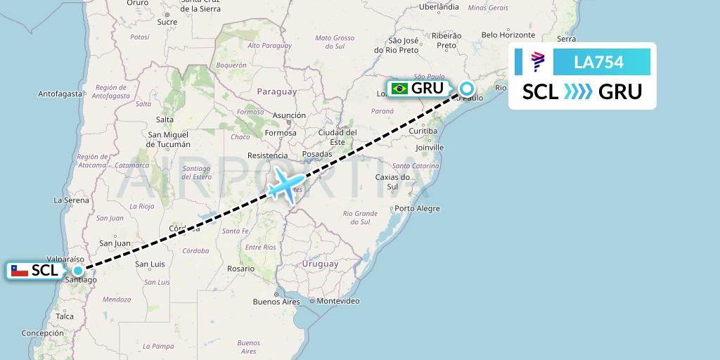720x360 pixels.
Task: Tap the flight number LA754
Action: tap(598, 63)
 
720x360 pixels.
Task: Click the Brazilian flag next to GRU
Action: tap(399, 89)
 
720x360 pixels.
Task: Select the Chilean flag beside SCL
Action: tap(20, 270)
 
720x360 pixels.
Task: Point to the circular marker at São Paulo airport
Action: tap(467, 89)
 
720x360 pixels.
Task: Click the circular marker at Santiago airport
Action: tap(77, 270)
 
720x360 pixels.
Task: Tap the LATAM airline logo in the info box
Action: tap(537, 63)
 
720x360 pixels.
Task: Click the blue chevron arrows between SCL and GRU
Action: tap(578, 92)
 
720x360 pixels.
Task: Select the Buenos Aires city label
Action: tap(276, 302)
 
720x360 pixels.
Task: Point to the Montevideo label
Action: tap(338, 301)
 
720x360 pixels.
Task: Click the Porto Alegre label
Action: tap(417, 208)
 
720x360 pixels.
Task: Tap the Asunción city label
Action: tap(289, 115)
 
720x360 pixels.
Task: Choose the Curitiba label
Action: tap(423, 131)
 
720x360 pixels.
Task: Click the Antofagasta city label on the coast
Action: tap(61, 93)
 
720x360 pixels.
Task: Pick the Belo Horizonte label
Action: tap(508, 34)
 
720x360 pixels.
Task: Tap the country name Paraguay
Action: tap(277, 91)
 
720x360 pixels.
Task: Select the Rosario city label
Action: tap(241, 269)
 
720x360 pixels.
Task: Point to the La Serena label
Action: tap(70, 200)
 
